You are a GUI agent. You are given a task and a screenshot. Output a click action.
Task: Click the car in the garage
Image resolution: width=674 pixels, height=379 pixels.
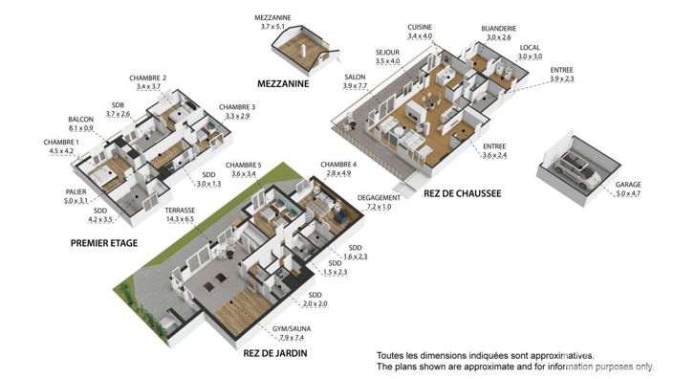pyautogui.click(x=576, y=171)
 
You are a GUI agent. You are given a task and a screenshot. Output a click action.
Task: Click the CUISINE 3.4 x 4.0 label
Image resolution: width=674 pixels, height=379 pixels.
pyautogui.click(x=420, y=31)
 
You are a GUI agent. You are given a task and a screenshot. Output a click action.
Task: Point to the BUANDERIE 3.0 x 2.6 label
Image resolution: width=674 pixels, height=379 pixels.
pyautogui.click(x=497, y=33)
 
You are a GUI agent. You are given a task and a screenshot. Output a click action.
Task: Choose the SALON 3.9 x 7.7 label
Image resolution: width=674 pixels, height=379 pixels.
pyautogui.click(x=355, y=79)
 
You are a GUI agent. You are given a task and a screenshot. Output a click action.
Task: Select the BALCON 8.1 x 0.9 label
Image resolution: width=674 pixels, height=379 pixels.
pyautogui.click(x=81, y=123)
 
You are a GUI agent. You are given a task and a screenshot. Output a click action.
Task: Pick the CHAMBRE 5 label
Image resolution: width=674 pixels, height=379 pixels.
pyautogui.click(x=239, y=169)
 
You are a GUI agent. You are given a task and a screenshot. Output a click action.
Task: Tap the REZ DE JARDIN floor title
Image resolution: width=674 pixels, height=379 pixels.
pyautogui.click(x=274, y=354)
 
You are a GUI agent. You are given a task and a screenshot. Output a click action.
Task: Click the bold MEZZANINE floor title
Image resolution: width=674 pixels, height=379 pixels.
pyautogui.click(x=289, y=84)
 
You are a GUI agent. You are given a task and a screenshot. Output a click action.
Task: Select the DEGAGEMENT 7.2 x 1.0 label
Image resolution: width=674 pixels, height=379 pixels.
pyautogui.click(x=375, y=202)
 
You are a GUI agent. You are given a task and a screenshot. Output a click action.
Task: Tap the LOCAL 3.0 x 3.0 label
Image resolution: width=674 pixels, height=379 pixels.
pyautogui.click(x=531, y=52)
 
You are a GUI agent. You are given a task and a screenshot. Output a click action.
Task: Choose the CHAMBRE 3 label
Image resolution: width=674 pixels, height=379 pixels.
pyautogui.click(x=237, y=111)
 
